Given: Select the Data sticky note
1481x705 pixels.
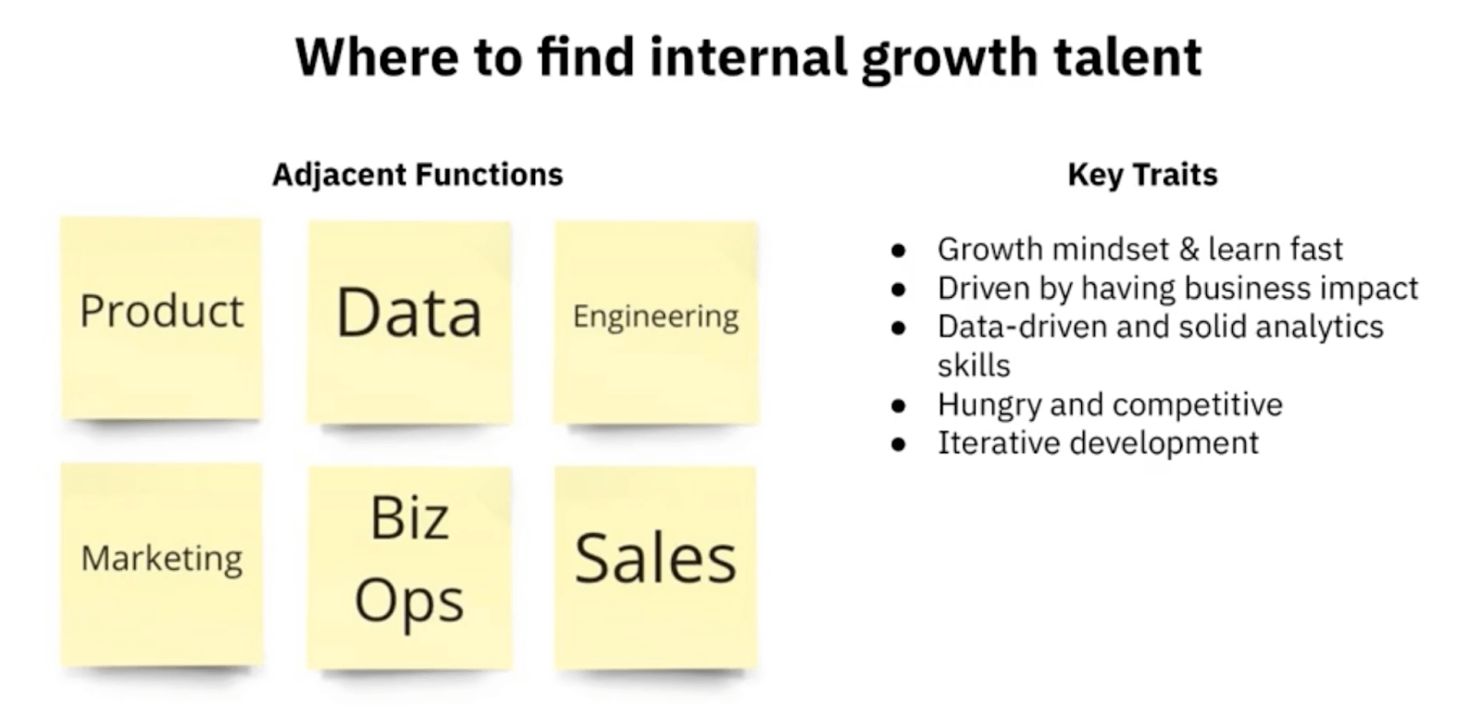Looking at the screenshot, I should click(409, 320).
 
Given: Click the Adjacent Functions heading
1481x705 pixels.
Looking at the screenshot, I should click(417, 175).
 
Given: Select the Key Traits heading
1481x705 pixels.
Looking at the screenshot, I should click(1142, 175).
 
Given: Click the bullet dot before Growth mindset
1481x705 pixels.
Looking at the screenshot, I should click(898, 251).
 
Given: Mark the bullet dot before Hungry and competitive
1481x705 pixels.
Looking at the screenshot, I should click(898, 406).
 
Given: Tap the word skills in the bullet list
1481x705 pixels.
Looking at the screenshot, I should click(974, 365).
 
